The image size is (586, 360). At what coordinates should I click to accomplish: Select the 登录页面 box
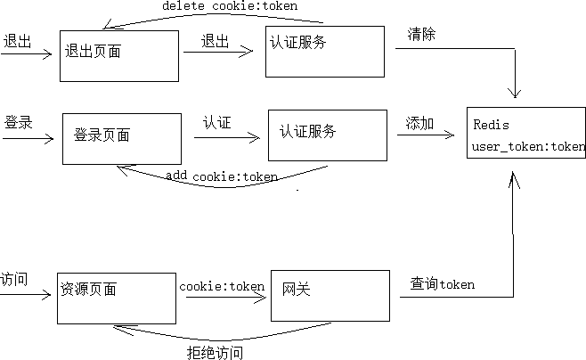click(x=120, y=138)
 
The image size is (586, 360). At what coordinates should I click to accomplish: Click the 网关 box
click(x=330, y=294)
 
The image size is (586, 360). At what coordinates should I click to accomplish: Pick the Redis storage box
click(x=525, y=132)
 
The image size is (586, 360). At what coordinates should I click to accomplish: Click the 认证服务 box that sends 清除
click(x=325, y=51)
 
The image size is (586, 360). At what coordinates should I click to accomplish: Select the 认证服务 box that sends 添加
click(x=328, y=135)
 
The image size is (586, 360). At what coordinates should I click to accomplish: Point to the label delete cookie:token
click(x=230, y=6)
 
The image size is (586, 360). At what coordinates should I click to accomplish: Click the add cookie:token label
click(x=222, y=176)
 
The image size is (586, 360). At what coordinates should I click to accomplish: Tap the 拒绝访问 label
click(x=215, y=352)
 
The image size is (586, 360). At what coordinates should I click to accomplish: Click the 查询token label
click(x=443, y=284)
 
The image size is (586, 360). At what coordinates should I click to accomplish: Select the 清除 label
click(x=421, y=35)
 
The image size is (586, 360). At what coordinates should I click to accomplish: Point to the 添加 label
click(x=419, y=124)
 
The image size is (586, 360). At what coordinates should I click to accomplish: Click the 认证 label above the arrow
click(x=216, y=122)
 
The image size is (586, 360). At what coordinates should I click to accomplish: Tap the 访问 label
click(x=14, y=279)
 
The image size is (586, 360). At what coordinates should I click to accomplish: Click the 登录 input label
click(x=18, y=122)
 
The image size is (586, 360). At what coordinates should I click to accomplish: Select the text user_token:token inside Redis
click(x=528, y=146)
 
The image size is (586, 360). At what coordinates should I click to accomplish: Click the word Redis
click(x=491, y=125)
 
